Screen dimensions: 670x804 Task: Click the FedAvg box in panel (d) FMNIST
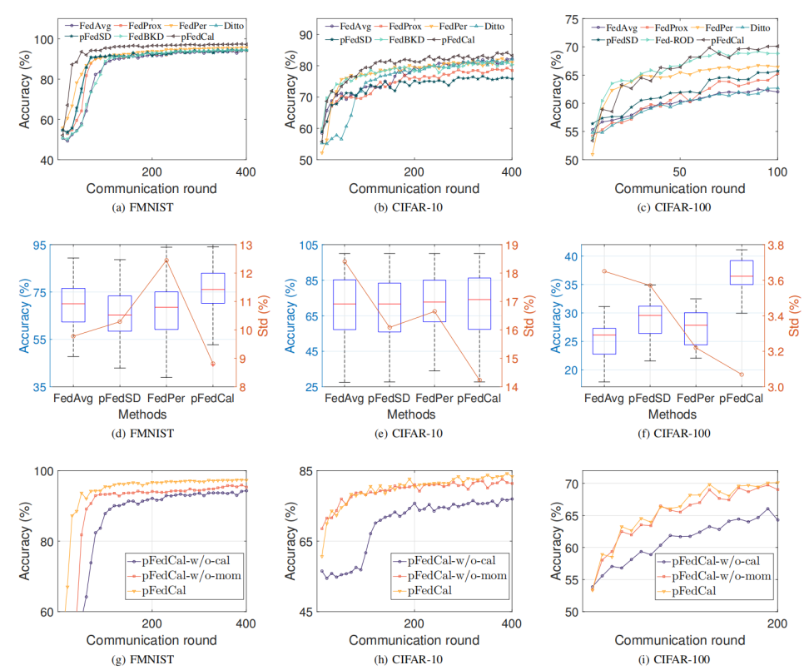pos(73,305)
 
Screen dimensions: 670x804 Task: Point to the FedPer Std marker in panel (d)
pos(166,261)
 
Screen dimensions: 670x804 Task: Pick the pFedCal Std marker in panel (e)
pos(479,380)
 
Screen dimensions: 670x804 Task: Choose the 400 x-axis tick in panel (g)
pos(246,623)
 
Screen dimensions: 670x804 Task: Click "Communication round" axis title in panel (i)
pos(678,640)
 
